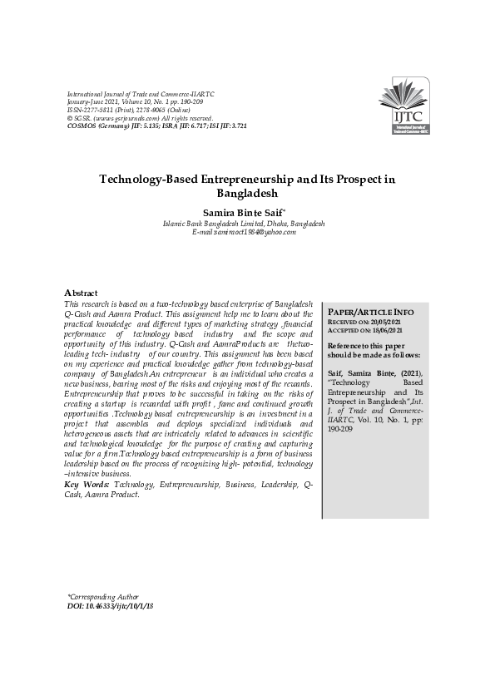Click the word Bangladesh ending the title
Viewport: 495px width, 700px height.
pyautogui.click(x=247, y=193)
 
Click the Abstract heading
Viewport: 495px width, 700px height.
pyautogui.click(x=81, y=293)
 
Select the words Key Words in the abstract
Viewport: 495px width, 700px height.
pyautogui.click(x=87, y=484)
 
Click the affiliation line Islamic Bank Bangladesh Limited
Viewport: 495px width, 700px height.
pyautogui.click(x=244, y=224)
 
